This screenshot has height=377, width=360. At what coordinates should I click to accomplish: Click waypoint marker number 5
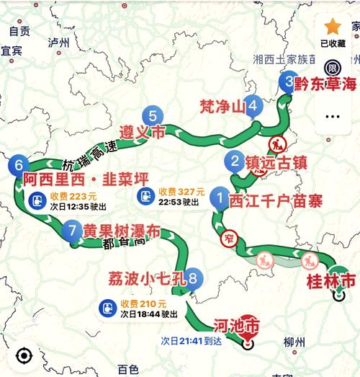coord(153,115)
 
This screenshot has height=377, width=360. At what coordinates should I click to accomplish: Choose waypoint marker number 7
coord(70,231)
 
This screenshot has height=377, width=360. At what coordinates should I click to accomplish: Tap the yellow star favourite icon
coord(332,27)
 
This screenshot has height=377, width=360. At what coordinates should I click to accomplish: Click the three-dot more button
coord(332,115)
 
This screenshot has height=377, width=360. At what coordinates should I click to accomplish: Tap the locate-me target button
coord(23,355)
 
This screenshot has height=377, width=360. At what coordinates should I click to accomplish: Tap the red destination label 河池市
coord(238,326)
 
